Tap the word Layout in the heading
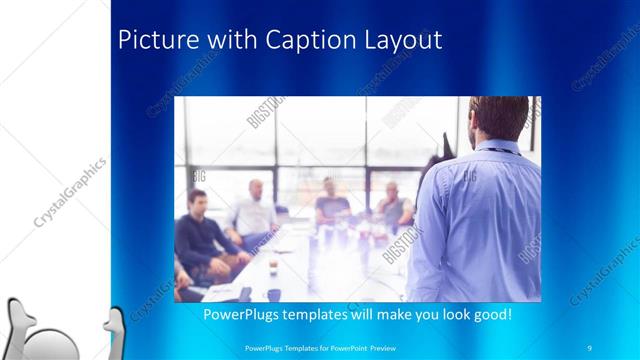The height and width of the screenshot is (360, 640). (x=396, y=41)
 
